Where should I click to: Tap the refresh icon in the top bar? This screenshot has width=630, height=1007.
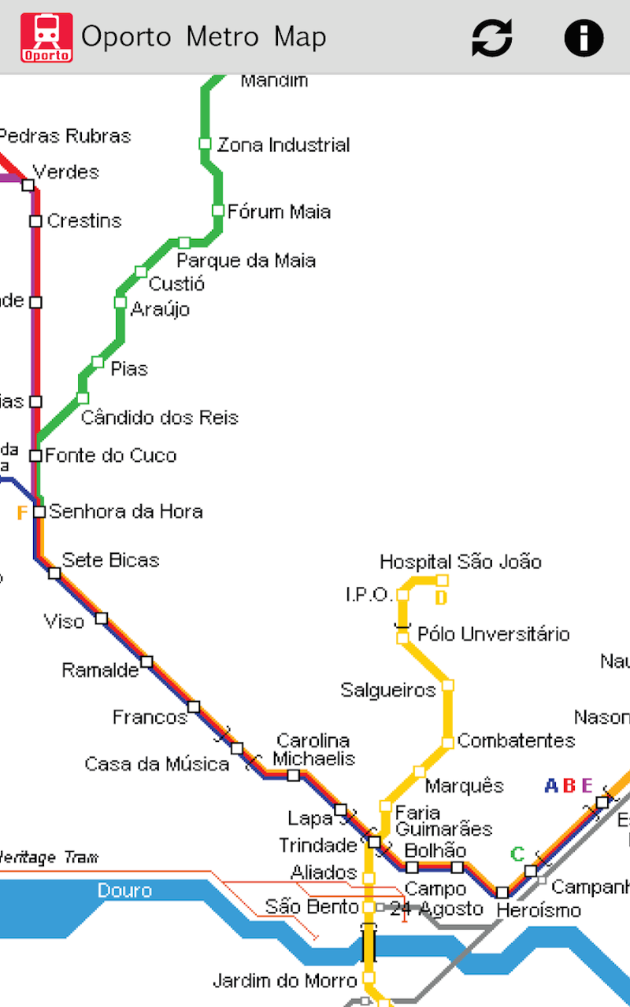pos(492,37)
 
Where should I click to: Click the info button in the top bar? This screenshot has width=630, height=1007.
pos(584,37)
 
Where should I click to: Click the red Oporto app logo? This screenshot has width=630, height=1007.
pos(46,37)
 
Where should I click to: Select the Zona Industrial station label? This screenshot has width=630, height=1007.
pos(283,145)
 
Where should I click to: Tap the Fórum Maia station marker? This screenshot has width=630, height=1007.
pos(218,210)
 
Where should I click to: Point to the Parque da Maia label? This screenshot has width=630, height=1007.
pos(246,260)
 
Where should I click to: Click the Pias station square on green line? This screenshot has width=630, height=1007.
pos(98,362)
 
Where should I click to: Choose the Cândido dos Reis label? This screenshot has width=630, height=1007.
pos(160,417)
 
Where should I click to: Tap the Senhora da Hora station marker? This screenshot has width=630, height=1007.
pos(39,511)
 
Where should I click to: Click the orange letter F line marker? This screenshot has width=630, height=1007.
pos(22,514)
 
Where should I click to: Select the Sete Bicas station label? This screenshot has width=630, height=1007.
pos(110,560)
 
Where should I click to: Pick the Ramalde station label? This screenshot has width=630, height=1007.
pos(100,670)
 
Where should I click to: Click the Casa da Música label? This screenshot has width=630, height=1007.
pos(157,764)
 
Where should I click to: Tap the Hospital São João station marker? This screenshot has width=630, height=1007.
pos(443,581)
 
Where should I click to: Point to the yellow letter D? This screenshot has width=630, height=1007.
pos(441,599)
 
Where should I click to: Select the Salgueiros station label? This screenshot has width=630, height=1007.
pos(387,690)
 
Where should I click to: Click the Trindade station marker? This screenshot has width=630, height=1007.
pos(374,843)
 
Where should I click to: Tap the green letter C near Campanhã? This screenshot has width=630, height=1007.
pos(517,854)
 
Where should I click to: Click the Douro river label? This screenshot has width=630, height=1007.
pos(124,891)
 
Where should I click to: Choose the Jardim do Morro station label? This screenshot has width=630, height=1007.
pos(286,980)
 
